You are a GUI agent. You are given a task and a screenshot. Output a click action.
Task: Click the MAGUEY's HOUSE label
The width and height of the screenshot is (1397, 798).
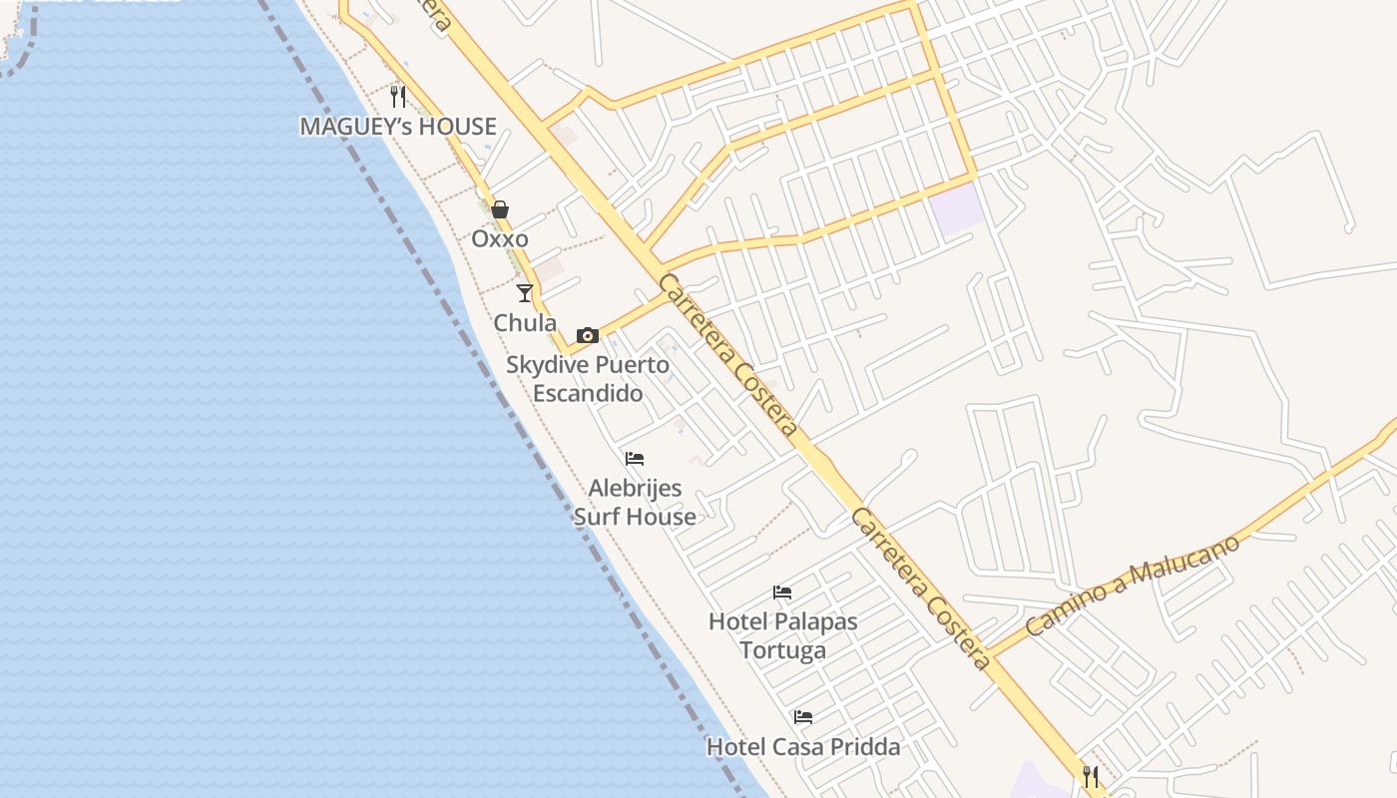[x=398, y=127]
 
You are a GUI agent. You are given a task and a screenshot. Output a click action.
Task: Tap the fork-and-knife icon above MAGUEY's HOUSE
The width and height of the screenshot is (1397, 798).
[x=398, y=96]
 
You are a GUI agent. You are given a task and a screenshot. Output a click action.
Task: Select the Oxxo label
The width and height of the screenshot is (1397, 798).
[x=500, y=239]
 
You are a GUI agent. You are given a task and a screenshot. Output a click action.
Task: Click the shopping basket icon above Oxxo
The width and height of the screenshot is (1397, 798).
[x=500, y=209]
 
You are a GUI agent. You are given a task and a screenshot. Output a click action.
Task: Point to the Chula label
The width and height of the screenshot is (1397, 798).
[x=525, y=323]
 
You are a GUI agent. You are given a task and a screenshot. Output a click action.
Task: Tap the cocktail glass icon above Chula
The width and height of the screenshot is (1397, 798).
[x=525, y=293]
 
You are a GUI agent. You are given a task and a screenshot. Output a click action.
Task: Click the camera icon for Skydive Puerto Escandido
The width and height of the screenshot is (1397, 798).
[x=588, y=335]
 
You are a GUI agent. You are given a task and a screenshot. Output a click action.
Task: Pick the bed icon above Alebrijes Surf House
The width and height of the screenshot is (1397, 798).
[x=635, y=459]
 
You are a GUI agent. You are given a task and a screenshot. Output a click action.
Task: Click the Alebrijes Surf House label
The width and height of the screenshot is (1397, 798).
[x=635, y=503]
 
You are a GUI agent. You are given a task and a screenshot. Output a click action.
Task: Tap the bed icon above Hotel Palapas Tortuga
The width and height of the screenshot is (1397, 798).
[x=782, y=593]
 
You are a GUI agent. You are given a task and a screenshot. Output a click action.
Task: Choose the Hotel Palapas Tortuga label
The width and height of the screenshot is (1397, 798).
[x=782, y=635]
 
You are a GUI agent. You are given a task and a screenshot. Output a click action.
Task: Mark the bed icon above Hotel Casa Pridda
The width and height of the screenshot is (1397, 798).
[x=803, y=717]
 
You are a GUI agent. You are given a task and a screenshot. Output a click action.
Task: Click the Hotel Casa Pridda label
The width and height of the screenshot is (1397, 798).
[x=803, y=747]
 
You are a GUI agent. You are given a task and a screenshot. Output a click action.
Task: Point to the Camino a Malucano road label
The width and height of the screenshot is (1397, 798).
[x=1132, y=586]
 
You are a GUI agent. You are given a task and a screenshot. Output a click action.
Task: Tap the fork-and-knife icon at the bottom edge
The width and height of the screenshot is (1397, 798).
[x=1091, y=776]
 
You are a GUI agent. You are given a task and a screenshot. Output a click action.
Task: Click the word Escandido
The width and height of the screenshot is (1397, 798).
[x=588, y=393]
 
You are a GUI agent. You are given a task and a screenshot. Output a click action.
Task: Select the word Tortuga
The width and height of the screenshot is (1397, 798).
[x=782, y=650]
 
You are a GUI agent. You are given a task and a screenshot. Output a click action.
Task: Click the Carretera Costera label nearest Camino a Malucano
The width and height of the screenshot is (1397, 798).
[x=921, y=589]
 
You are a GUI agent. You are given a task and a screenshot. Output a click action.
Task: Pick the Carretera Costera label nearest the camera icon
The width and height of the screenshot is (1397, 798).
[x=729, y=354]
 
